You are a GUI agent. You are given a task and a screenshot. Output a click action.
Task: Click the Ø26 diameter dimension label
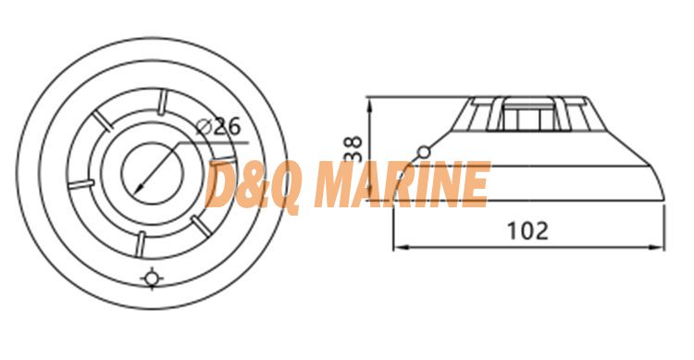tap(218, 127)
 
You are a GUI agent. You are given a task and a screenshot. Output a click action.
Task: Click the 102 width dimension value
tap(527, 230)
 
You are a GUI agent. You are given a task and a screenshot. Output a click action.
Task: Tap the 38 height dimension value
tap(353, 149)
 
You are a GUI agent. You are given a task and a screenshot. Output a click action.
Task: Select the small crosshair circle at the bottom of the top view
tap(152, 279)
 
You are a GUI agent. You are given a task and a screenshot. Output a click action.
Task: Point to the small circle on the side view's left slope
tap(424, 153)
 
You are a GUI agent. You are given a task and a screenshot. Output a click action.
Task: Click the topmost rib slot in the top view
tap(163, 102)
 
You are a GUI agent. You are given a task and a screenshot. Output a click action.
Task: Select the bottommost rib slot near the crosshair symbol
tap(141, 244)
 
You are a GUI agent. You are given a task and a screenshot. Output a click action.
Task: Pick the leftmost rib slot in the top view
tap(81, 184)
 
